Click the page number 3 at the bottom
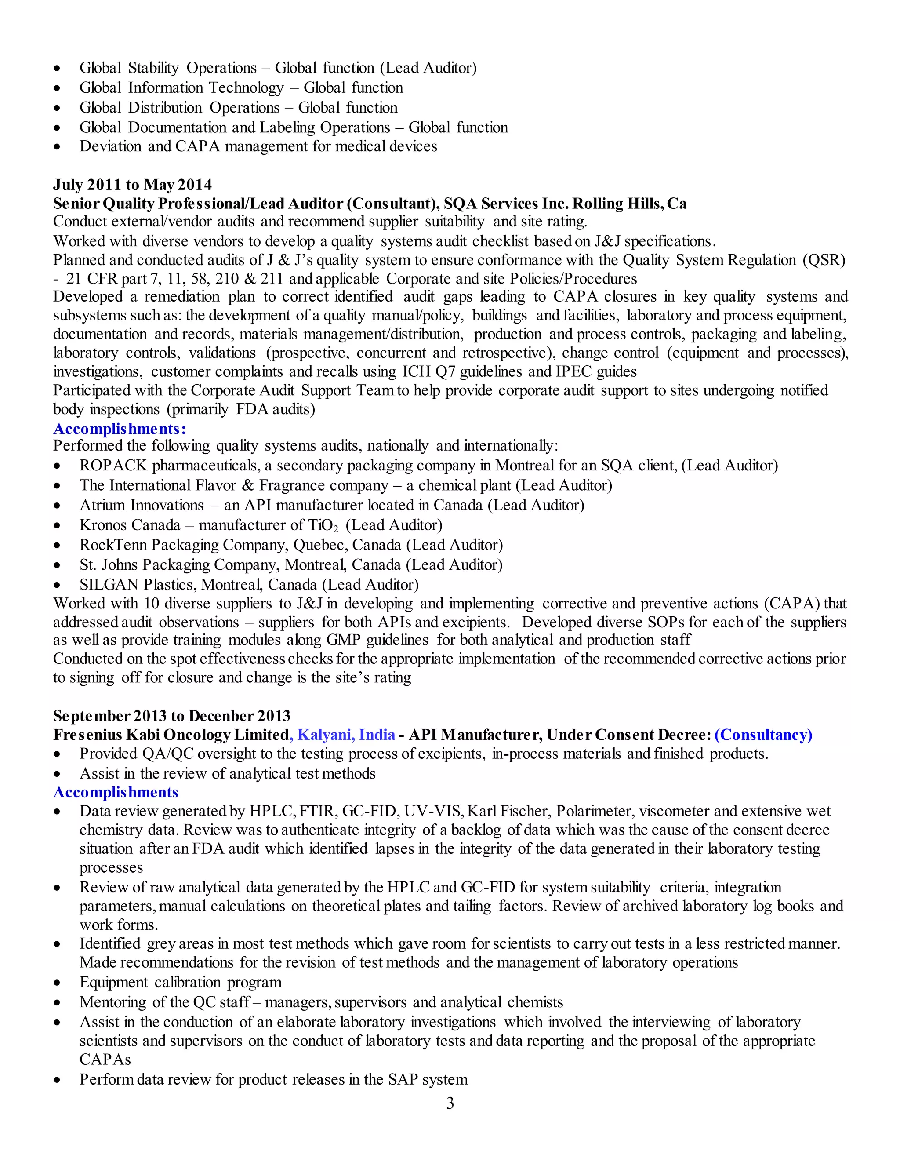pyautogui.click(x=450, y=1103)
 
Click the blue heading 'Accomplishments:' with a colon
pyautogui.click(x=120, y=429)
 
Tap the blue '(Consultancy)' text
pyautogui.click(x=763, y=735)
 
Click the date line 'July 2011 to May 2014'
pyautogui.click(x=132, y=185)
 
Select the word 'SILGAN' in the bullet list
pyautogui.click(x=109, y=585)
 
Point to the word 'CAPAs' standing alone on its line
pyautogui.click(x=105, y=1059)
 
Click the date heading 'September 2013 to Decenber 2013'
pyautogui.click(x=172, y=716)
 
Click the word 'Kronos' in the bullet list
pyautogui.click(x=103, y=525)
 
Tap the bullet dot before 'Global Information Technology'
pyautogui.click(x=57, y=88)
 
